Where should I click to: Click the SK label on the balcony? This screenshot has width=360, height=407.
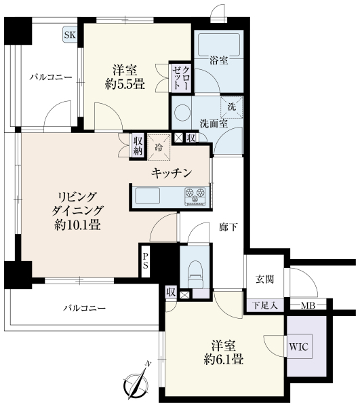(x=70, y=35)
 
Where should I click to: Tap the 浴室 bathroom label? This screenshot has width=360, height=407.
(x=219, y=60)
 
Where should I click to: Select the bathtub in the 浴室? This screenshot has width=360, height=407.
(x=219, y=44)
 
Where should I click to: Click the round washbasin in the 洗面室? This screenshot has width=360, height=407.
(x=182, y=113)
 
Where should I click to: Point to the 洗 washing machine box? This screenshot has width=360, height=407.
(x=232, y=107)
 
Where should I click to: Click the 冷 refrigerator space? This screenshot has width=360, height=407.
(x=159, y=147)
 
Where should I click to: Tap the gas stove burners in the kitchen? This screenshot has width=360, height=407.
(x=195, y=197)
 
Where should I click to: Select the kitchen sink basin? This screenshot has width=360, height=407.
(x=147, y=196)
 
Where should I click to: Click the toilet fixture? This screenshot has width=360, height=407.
(x=196, y=274)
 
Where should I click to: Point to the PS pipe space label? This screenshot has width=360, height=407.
(x=145, y=261)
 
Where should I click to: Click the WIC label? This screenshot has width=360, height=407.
(x=298, y=347)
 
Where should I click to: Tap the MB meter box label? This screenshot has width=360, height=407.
(x=308, y=306)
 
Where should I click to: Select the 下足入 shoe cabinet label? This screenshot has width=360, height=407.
(x=265, y=305)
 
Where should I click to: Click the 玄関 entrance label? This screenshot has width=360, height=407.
(x=264, y=279)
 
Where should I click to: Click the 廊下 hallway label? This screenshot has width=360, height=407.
(x=228, y=227)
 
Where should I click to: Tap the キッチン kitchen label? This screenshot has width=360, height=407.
(x=172, y=173)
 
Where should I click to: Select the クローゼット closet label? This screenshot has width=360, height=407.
(x=182, y=78)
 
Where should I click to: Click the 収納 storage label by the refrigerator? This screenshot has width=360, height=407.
(x=138, y=146)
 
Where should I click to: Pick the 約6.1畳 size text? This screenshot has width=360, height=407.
(x=224, y=360)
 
